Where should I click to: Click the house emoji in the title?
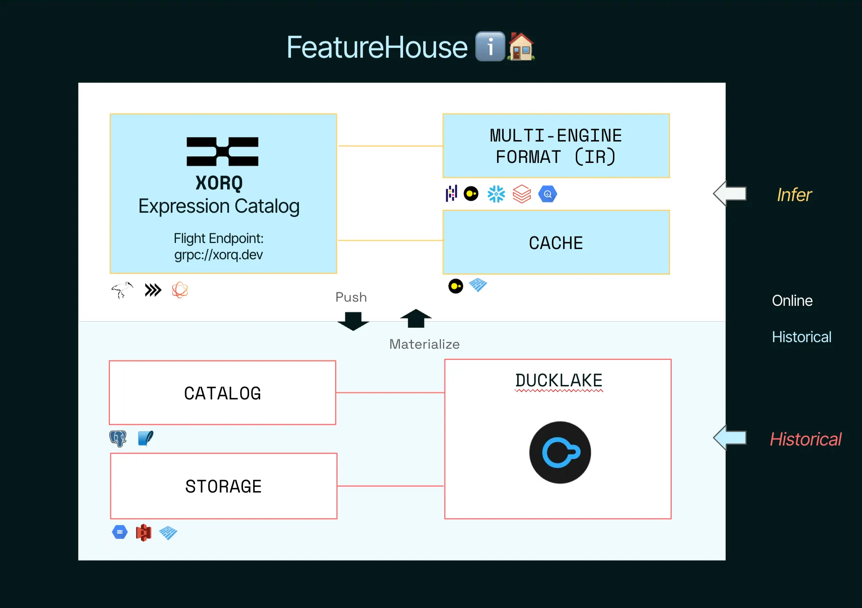pos(521,47)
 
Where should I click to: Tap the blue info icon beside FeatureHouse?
pos(490,47)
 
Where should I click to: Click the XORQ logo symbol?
pos(222,152)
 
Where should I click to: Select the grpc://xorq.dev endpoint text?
pos(218,255)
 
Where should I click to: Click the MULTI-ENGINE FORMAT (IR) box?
pos(556,146)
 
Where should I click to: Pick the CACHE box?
pos(556,242)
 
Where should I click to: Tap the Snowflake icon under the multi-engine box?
pos(496,194)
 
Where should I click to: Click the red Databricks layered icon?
pos(522,194)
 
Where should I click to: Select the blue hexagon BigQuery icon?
pos(548,194)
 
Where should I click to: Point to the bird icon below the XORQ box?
pos(122,290)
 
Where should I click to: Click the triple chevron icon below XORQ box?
pos(153,290)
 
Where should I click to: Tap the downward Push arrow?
pos(353,321)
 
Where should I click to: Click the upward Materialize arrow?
pos(416,319)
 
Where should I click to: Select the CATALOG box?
pos(222,393)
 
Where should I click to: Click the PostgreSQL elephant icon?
pos(118,439)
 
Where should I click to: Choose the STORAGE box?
pos(223,486)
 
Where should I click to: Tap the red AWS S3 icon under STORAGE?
pos(143,533)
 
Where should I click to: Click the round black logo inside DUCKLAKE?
pos(560,453)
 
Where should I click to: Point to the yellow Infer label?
pos(794,195)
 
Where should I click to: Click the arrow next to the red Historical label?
pos(730,438)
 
